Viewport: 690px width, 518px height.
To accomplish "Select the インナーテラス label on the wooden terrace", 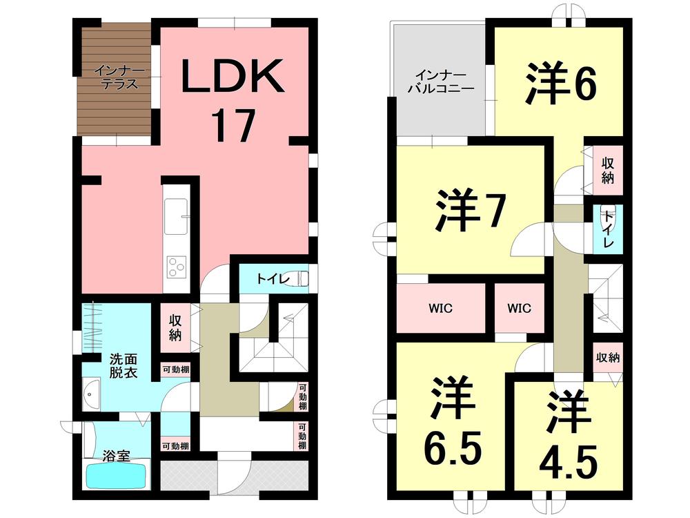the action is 115,77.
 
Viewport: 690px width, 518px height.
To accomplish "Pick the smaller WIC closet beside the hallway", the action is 520,308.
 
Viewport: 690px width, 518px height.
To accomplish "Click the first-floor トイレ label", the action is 268,279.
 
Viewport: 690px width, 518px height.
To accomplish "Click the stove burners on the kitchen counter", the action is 177,265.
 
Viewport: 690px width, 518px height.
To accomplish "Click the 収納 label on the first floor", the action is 175,328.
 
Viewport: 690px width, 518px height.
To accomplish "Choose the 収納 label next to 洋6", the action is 608,170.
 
